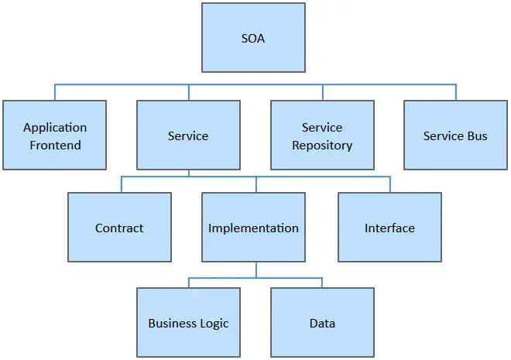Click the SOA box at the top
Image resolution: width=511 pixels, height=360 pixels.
click(253, 37)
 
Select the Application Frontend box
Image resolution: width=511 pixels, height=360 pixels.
click(54, 135)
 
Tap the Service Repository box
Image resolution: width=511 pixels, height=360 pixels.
click(322, 135)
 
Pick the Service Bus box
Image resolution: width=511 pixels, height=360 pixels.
click(455, 135)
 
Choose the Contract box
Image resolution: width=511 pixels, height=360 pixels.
click(119, 227)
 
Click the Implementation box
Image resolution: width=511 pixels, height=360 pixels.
click(253, 227)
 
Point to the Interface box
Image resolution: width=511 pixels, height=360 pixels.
click(389, 227)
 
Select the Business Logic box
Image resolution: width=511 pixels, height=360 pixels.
click(188, 322)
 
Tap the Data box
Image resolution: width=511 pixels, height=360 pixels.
click(322, 322)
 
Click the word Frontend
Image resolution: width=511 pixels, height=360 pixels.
click(56, 145)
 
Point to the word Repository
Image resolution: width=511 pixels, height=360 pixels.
click(322, 146)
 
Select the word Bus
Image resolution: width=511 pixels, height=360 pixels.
click(478, 135)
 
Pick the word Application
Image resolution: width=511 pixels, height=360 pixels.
click(55, 128)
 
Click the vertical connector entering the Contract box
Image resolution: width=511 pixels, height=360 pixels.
click(122, 184)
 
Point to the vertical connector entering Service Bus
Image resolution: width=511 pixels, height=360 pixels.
click(455, 92)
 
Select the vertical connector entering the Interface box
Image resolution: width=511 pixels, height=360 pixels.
click(390, 184)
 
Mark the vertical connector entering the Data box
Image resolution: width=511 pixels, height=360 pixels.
click(322, 283)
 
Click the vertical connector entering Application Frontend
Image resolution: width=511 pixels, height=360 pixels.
click(55, 92)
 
